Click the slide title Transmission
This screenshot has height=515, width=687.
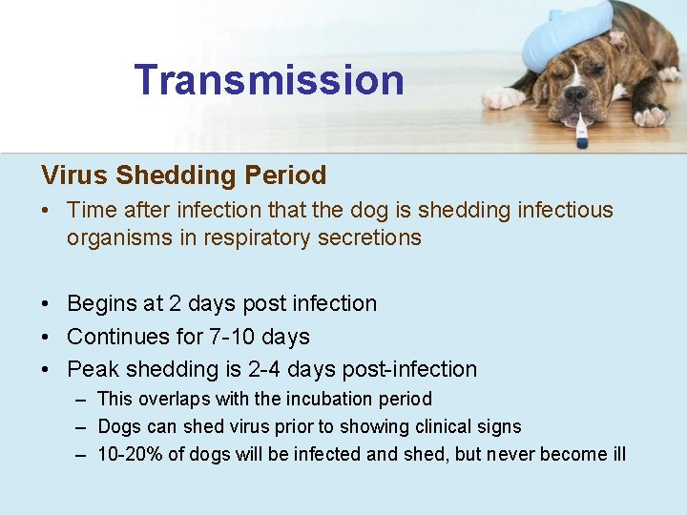[269, 80]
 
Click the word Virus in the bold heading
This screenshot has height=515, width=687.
[74, 175]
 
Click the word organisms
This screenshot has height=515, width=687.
[118, 237]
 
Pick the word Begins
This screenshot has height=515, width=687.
[101, 303]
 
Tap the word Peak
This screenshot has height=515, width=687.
[91, 369]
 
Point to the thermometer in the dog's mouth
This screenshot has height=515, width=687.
[580, 132]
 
